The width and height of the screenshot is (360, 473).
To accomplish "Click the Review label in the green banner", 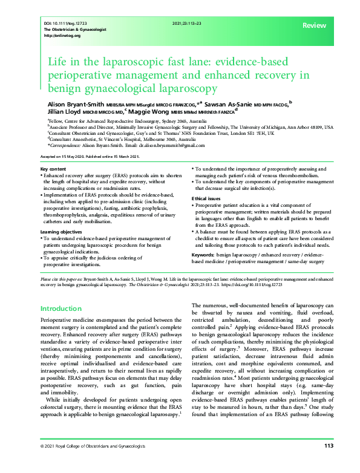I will click(x=314, y=25).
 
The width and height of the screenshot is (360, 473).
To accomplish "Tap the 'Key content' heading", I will click(x=53, y=168).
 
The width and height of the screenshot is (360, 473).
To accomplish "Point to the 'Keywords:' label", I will click(x=206, y=256).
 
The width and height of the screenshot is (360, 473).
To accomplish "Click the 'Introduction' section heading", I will click(x=65, y=308).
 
